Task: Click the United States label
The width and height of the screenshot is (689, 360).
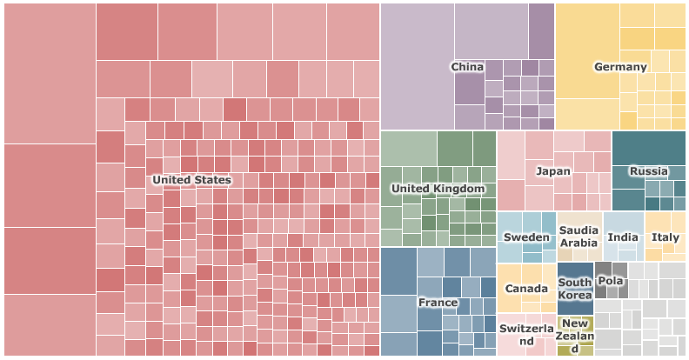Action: point(191,180)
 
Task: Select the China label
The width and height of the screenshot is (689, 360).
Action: point(467,67)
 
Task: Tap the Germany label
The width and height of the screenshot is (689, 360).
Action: point(620,67)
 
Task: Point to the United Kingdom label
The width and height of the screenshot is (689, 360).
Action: point(438,189)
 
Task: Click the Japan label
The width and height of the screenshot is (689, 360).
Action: point(553,171)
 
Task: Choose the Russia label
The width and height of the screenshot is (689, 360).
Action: point(648,171)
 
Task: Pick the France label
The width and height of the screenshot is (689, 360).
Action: point(438,303)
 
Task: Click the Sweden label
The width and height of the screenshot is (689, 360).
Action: point(526,237)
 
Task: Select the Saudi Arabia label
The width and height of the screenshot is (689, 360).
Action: point(579,237)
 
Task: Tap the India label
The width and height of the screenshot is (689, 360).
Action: point(623,237)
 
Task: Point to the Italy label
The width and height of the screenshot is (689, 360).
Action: point(666,237)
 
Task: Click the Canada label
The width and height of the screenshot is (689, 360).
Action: point(526,289)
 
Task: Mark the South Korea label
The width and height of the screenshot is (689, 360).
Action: point(575,289)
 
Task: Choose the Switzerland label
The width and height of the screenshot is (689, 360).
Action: point(526,336)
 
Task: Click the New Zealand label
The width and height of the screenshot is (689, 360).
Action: point(575,337)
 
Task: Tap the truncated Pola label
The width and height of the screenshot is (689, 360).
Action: point(611,281)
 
